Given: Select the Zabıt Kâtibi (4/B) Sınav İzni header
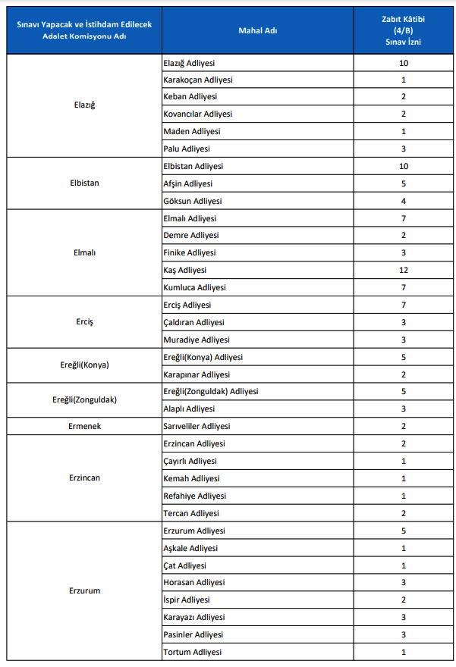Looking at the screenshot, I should pos(403,30).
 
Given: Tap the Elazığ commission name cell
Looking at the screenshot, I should pos(84,105).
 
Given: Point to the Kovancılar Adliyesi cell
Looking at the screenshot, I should pos(197,114).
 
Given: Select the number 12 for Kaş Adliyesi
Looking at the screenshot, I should pos(403,270).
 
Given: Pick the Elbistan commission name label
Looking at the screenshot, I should pos(84,183).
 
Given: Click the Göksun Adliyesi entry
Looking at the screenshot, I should pos(192,201).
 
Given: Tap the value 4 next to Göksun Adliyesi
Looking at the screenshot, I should pos(403,201).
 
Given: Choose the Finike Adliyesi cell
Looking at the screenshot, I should pos(189,252).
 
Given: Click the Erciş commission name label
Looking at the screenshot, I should pos(84,322).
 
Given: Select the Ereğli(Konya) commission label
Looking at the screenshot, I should pos(84,365).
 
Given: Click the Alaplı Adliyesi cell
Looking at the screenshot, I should pos(189,409).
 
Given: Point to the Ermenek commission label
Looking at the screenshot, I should pos(84,426).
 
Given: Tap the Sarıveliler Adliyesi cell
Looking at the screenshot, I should pos(197,426).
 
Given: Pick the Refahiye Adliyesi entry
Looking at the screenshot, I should pos(194,496).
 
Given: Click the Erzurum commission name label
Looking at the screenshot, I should pos(84,590).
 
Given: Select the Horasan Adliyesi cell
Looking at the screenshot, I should pos(193,582).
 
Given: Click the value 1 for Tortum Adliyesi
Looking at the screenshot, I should pos(403,652).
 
